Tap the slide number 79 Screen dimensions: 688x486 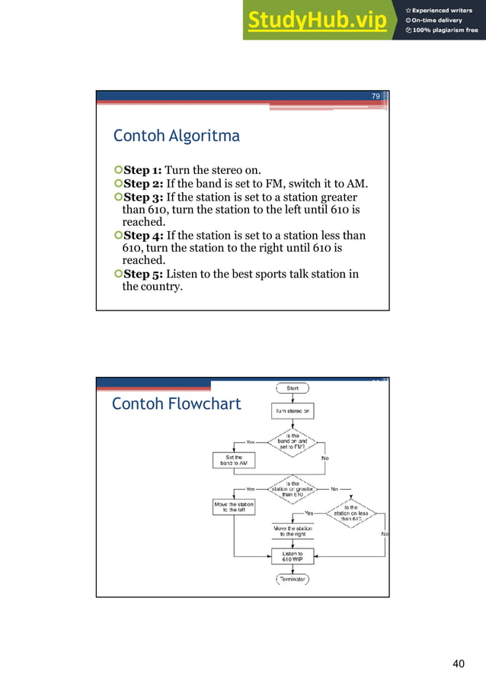coord(376,97)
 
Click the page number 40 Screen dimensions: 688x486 coord(458,664)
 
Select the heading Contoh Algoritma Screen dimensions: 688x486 coord(176,137)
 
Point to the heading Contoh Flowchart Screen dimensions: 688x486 coord(176,403)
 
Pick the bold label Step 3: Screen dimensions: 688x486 coord(142,198)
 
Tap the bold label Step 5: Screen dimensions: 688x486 coord(142,274)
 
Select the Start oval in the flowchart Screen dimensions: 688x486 coord(293,388)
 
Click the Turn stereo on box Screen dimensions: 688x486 coord(293,411)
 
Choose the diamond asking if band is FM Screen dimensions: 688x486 coord(293,442)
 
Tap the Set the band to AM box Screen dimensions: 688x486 coord(233,460)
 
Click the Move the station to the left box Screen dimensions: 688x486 coord(233,506)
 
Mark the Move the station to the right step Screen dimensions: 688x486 coord(293,531)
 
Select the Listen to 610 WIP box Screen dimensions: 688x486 coord(293,557)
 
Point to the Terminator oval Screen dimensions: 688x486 coord(293,580)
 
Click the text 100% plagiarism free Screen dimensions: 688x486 coord(446,31)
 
